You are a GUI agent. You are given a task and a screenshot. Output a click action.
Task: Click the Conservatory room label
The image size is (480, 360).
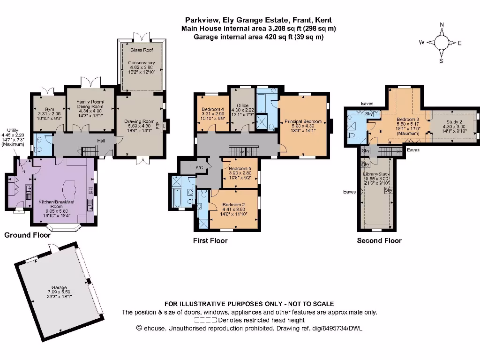(142, 63)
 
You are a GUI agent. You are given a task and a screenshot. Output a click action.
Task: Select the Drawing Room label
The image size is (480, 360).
(139, 122)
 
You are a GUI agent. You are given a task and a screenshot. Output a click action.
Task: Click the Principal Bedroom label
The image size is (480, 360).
(303, 121)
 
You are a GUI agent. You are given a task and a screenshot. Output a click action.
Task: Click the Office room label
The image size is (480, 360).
(242, 106)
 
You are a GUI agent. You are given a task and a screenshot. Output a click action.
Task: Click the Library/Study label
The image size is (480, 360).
(377, 174)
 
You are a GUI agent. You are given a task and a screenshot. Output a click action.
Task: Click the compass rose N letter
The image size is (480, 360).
(442, 25)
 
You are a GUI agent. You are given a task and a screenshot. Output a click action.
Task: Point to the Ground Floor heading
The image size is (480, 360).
(27, 235)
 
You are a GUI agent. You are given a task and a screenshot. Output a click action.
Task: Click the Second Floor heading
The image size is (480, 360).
(379, 240)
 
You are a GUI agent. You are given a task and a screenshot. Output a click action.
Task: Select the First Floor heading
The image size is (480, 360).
(210, 240)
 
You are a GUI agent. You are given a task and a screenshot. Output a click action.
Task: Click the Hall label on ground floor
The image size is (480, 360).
(101, 140)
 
